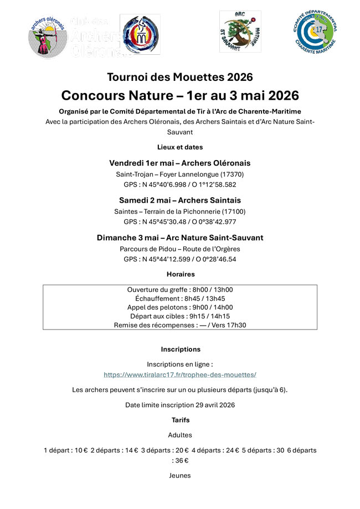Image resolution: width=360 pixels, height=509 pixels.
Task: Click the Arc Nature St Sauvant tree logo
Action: [x=239, y=32]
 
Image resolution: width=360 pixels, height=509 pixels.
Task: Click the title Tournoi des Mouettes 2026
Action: [x=180, y=76]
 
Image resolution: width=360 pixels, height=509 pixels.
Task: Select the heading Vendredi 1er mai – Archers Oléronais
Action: [x=180, y=163]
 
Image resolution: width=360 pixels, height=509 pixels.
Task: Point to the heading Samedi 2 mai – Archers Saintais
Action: [x=180, y=200]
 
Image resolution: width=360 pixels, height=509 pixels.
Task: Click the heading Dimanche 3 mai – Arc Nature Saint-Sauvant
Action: [x=180, y=237]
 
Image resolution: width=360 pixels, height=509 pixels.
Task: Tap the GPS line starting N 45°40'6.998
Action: [x=180, y=184]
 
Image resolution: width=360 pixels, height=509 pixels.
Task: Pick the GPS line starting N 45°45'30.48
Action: [x=180, y=222]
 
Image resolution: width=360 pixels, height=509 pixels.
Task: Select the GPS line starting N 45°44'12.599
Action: [x=180, y=259]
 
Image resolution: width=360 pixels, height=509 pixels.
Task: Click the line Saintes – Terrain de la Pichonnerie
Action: [x=180, y=211]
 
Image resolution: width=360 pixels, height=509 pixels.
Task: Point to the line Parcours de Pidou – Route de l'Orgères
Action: [x=180, y=249]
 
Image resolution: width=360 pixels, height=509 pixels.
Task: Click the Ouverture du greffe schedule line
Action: [x=180, y=290]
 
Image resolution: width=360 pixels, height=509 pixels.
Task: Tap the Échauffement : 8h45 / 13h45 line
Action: [x=180, y=299]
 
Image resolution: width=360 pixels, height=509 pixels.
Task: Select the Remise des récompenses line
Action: [x=180, y=325]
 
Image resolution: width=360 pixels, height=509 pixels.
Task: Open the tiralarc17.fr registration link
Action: [x=180, y=374]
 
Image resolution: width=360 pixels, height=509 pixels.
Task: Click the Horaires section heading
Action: [x=180, y=274]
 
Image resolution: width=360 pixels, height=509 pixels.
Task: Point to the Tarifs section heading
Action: [x=180, y=420]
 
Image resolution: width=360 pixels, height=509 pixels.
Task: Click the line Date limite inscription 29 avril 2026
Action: [x=180, y=405]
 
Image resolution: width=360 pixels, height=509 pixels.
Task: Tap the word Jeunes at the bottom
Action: [x=180, y=475]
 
